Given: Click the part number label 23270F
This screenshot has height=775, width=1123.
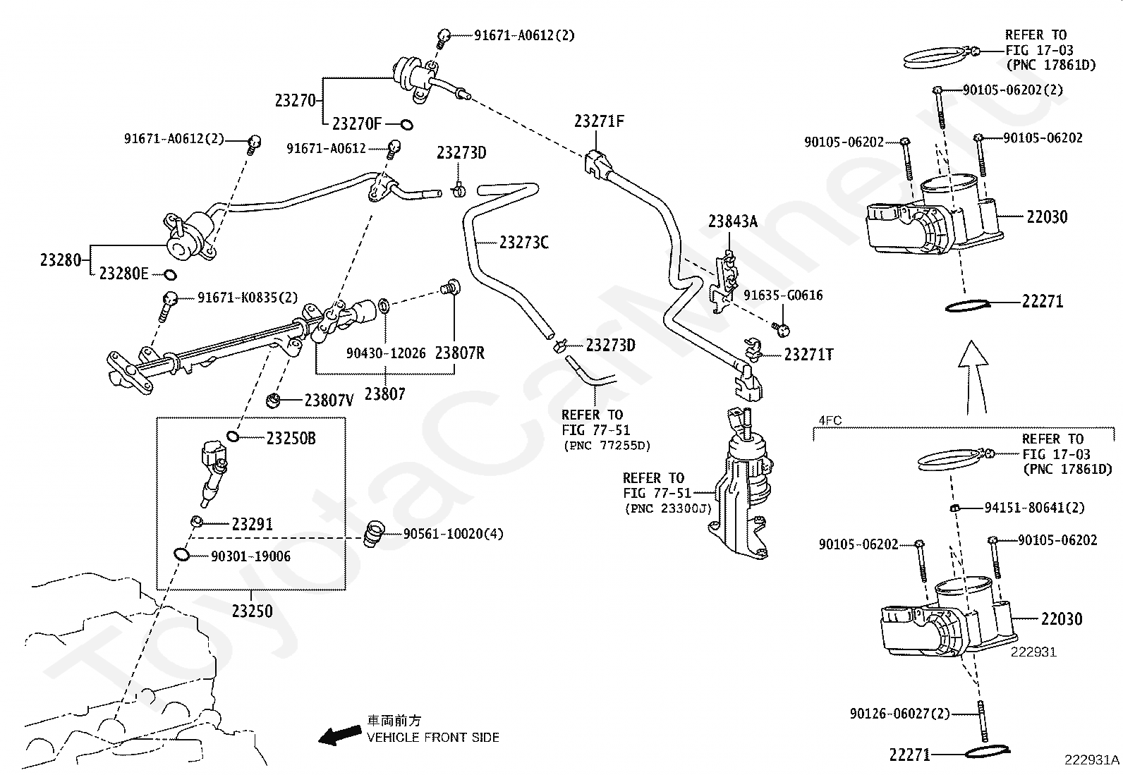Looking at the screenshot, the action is click(357, 123).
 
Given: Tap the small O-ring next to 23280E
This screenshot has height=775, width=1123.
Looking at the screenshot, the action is click(170, 275).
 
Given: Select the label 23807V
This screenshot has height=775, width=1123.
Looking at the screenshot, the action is click(329, 400).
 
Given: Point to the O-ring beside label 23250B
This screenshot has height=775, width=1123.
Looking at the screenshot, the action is click(233, 436).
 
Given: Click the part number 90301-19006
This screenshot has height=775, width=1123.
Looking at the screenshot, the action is click(250, 556).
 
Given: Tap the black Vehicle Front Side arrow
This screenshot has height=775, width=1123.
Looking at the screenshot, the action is click(340, 736).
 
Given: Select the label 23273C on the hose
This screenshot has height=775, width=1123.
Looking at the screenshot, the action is click(524, 243).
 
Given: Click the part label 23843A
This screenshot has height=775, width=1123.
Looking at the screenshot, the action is click(732, 221).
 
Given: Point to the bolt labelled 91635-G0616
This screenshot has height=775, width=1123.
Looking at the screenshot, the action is click(782, 329).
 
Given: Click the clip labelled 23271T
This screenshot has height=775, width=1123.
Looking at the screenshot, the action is click(753, 349).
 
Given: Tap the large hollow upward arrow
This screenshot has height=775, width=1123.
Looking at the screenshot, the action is click(973, 377).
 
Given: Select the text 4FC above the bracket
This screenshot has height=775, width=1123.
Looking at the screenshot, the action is click(830, 420).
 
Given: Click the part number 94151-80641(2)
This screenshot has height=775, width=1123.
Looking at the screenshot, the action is click(1034, 508).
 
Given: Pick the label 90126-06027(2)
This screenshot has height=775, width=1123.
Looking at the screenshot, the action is click(900, 714).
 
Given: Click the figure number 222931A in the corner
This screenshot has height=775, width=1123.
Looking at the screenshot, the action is click(1092, 760).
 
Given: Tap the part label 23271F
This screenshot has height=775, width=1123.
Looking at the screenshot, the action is click(599, 121).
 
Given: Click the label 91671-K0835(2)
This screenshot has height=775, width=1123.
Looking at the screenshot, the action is click(248, 298).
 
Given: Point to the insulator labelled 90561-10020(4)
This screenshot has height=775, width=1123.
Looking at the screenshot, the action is click(373, 535).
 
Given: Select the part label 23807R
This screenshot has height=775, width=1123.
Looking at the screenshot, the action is click(460, 353).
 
